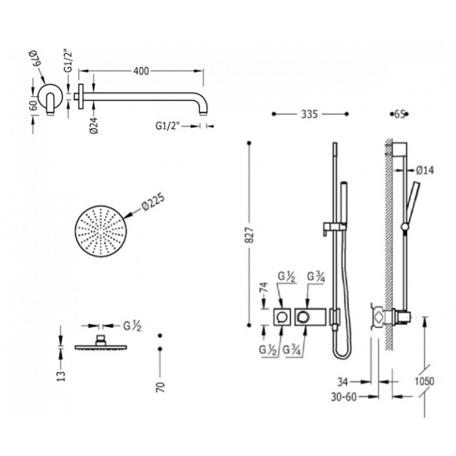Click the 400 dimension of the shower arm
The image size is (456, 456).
click(x=141, y=71)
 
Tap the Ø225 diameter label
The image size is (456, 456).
click(x=153, y=201)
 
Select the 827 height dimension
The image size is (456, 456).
click(x=249, y=235)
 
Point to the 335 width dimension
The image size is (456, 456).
click(x=309, y=114)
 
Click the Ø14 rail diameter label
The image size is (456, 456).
click(x=424, y=170)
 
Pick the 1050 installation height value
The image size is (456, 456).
click(x=424, y=381)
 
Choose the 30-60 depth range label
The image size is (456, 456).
click(x=344, y=396)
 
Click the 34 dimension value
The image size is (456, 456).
click(x=342, y=382)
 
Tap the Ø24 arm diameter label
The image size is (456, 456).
click(x=94, y=126)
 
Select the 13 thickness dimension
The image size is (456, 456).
click(x=61, y=376)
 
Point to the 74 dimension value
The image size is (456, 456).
click(x=264, y=288)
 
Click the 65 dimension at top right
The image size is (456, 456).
click(x=399, y=114)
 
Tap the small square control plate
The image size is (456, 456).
click(x=282, y=317)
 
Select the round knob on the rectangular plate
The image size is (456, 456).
click(x=303, y=317)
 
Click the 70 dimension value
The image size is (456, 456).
click(x=161, y=387)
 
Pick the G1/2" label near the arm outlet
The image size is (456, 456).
click(x=168, y=126)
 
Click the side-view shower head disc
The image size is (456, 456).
click(x=100, y=347)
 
